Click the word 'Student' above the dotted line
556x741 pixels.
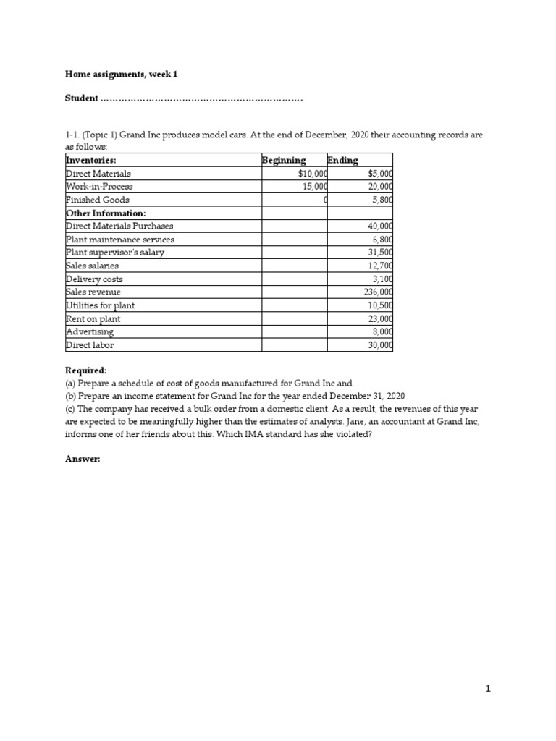pyautogui.click(x=81, y=98)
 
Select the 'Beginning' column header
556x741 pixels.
pyautogui.click(x=284, y=160)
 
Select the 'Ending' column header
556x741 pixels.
pyautogui.click(x=342, y=160)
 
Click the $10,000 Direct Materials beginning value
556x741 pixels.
pyautogui.click(x=312, y=174)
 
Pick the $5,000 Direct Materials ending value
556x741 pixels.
pyautogui.click(x=380, y=174)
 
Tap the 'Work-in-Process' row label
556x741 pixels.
pyautogui.click(x=99, y=187)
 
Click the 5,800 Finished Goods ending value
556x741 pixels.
pyautogui.click(x=381, y=200)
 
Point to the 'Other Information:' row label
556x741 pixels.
pyautogui.click(x=106, y=213)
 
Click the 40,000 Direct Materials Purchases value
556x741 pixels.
pyautogui.click(x=380, y=226)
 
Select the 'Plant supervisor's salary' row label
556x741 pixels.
pyautogui.click(x=115, y=253)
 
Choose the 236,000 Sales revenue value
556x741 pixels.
pyautogui.click(x=378, y=292)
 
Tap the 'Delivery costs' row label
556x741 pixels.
pyautogui.click(x=94, y=279)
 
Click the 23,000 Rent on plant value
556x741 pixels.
pyautogui.click(x=380, y=318)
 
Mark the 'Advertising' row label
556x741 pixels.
pyautogui.click(x=90, y=331)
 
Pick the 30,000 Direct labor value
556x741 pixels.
pyautogui.click(x=380, y=345)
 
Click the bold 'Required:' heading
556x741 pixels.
pyautogui.click(x=85, y=370)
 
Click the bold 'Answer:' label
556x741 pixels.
pyautogui.click(x=83, y=459)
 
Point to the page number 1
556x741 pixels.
pyautogui.click(x=488, y=689)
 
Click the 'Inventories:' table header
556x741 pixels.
pyautogui.click(x=91, y=160)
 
